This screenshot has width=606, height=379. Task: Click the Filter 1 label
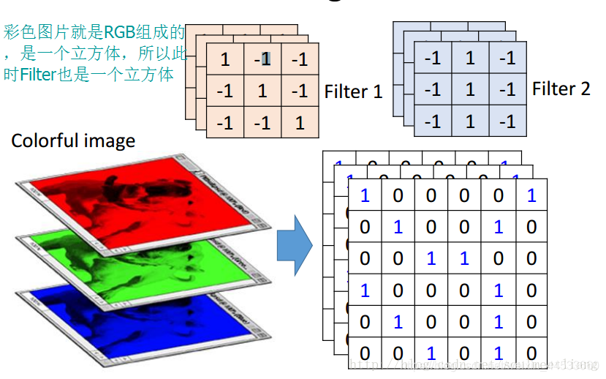click(353, 91)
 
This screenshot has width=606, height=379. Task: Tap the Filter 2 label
click(561, 89)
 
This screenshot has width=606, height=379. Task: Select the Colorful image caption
click(73, 140)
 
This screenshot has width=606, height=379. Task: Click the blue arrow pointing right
click(294, 245)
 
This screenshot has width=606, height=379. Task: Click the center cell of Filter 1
click(262, 91)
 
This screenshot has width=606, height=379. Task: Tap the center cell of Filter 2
click(469, 89)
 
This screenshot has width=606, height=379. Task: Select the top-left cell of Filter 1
click(225, 60)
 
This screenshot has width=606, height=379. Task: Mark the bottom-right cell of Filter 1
click(300, 123)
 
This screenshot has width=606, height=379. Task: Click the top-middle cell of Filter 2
click(469, 58)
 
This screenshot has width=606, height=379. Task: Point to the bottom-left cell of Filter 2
click(433, 121)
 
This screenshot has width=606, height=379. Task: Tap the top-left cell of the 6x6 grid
click(365, 195)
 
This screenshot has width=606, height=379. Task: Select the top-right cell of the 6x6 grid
click(531, 195)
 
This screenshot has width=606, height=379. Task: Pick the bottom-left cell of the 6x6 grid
click(365, 353)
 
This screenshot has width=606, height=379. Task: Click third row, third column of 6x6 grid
click(431, 258)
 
